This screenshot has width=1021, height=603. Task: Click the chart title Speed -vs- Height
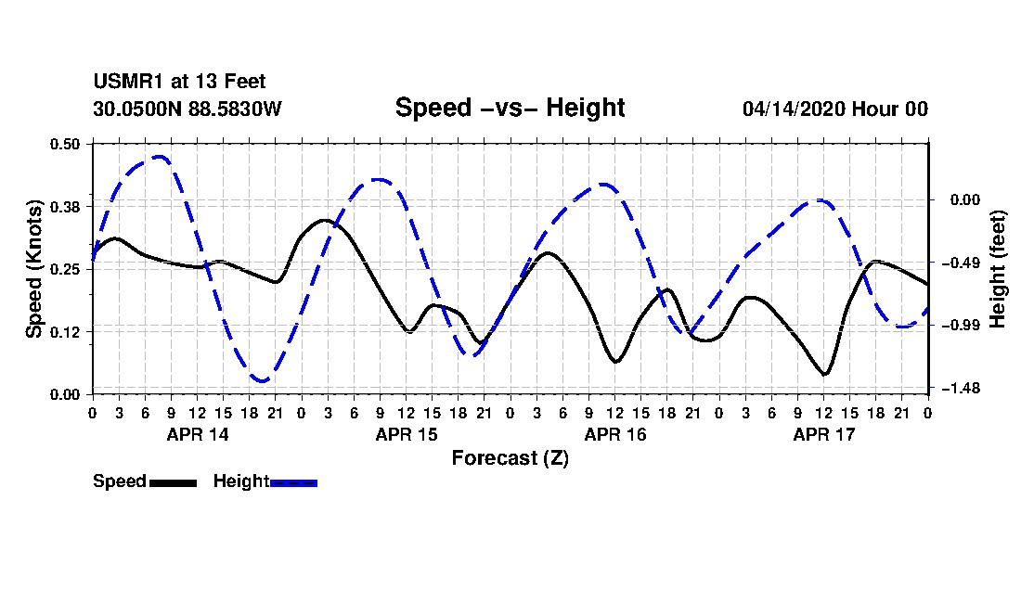pyautogui.click(x=510, y=108)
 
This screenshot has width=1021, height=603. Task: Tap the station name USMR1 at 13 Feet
pyautogui.click(x=180, y=82)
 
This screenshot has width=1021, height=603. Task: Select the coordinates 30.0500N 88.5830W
pyautogui.click(x=187, y=109)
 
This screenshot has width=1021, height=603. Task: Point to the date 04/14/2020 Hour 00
pyautogui.click(x=835, y=109)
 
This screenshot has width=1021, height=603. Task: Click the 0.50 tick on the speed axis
pyautogui.click(x=65, y=144)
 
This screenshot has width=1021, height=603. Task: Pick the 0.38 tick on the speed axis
pyautogui.click(x=65, y=207)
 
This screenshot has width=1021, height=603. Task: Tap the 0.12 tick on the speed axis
pyautogui.click(x=65, y=332)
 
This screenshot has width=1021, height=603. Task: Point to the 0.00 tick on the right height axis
pyautogui.click(x=965, y=199)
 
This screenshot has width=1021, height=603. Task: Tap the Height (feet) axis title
pyautogui.click(x=998, y=269)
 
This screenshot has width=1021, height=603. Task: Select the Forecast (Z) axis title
pyautogui.click(x=510, y=458)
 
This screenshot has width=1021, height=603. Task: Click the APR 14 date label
pyautogui.click(x=198, y=434)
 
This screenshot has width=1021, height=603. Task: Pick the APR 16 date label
pyautogui.click(x=615, y=434)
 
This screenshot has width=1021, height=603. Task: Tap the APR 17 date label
pyautogui.click(x=823, y=434)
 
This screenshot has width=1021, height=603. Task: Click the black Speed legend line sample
pyautogui.click(x=174, y=482)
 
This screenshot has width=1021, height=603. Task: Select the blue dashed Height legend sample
pyautogui.click(x=293, y=482)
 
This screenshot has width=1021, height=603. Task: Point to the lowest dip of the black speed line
pyautogui.click(x=824, y=374)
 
